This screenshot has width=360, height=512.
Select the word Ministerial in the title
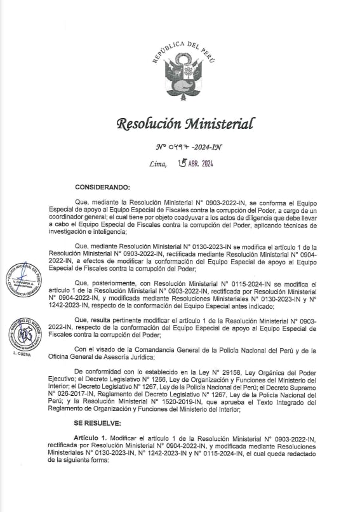[x=215, y=123]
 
